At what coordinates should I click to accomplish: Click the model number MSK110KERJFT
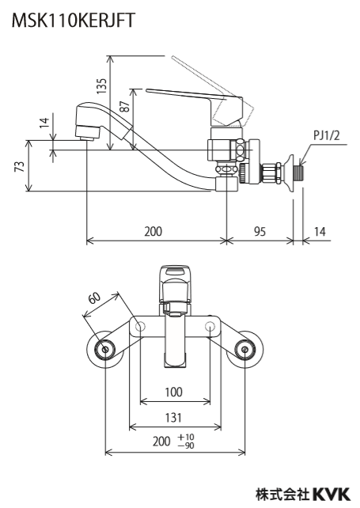74,20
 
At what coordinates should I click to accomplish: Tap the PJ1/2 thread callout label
326,135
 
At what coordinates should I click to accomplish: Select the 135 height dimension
102,86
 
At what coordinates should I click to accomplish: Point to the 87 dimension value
125,105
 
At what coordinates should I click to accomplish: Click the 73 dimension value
20,166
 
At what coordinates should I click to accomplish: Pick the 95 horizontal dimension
260,231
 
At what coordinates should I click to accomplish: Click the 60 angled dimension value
95,298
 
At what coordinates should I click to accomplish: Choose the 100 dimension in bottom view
174,392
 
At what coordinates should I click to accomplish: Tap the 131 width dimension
174,417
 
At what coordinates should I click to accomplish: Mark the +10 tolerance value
186,438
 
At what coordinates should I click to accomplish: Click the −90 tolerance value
186,445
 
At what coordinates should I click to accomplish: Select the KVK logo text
331,495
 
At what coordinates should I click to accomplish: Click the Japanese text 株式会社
282,495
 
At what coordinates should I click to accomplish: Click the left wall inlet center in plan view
105,349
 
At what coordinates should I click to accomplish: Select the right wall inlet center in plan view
244,349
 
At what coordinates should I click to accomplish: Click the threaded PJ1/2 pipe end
299,172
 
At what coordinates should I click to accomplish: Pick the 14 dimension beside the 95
319,231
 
